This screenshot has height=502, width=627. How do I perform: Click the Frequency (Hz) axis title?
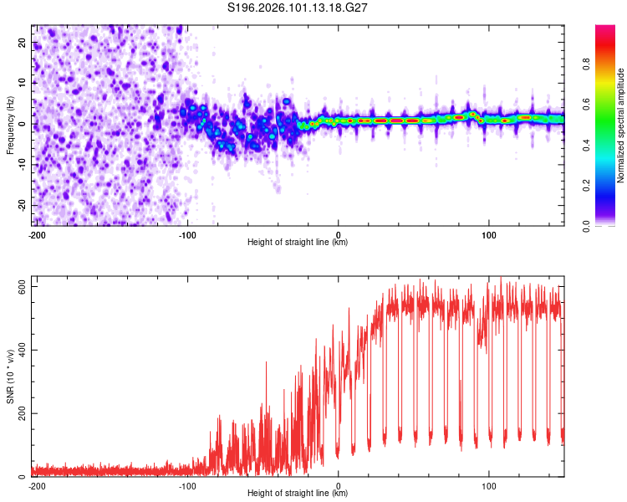(10, 124)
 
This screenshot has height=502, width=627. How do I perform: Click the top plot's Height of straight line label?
(298, 243)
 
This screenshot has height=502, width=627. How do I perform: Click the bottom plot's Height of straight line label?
(298, 494)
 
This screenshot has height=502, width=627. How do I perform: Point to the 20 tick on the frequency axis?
(23, 42)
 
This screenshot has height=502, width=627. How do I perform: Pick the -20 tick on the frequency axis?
(21, 205)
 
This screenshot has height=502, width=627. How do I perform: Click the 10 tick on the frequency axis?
(23, 83)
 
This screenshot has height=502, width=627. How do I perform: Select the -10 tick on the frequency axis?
(21, 164)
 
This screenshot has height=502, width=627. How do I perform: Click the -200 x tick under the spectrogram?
(36, 233)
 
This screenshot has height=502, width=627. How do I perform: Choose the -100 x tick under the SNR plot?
(187, 484)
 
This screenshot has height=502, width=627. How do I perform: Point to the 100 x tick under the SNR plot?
(489, 484)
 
